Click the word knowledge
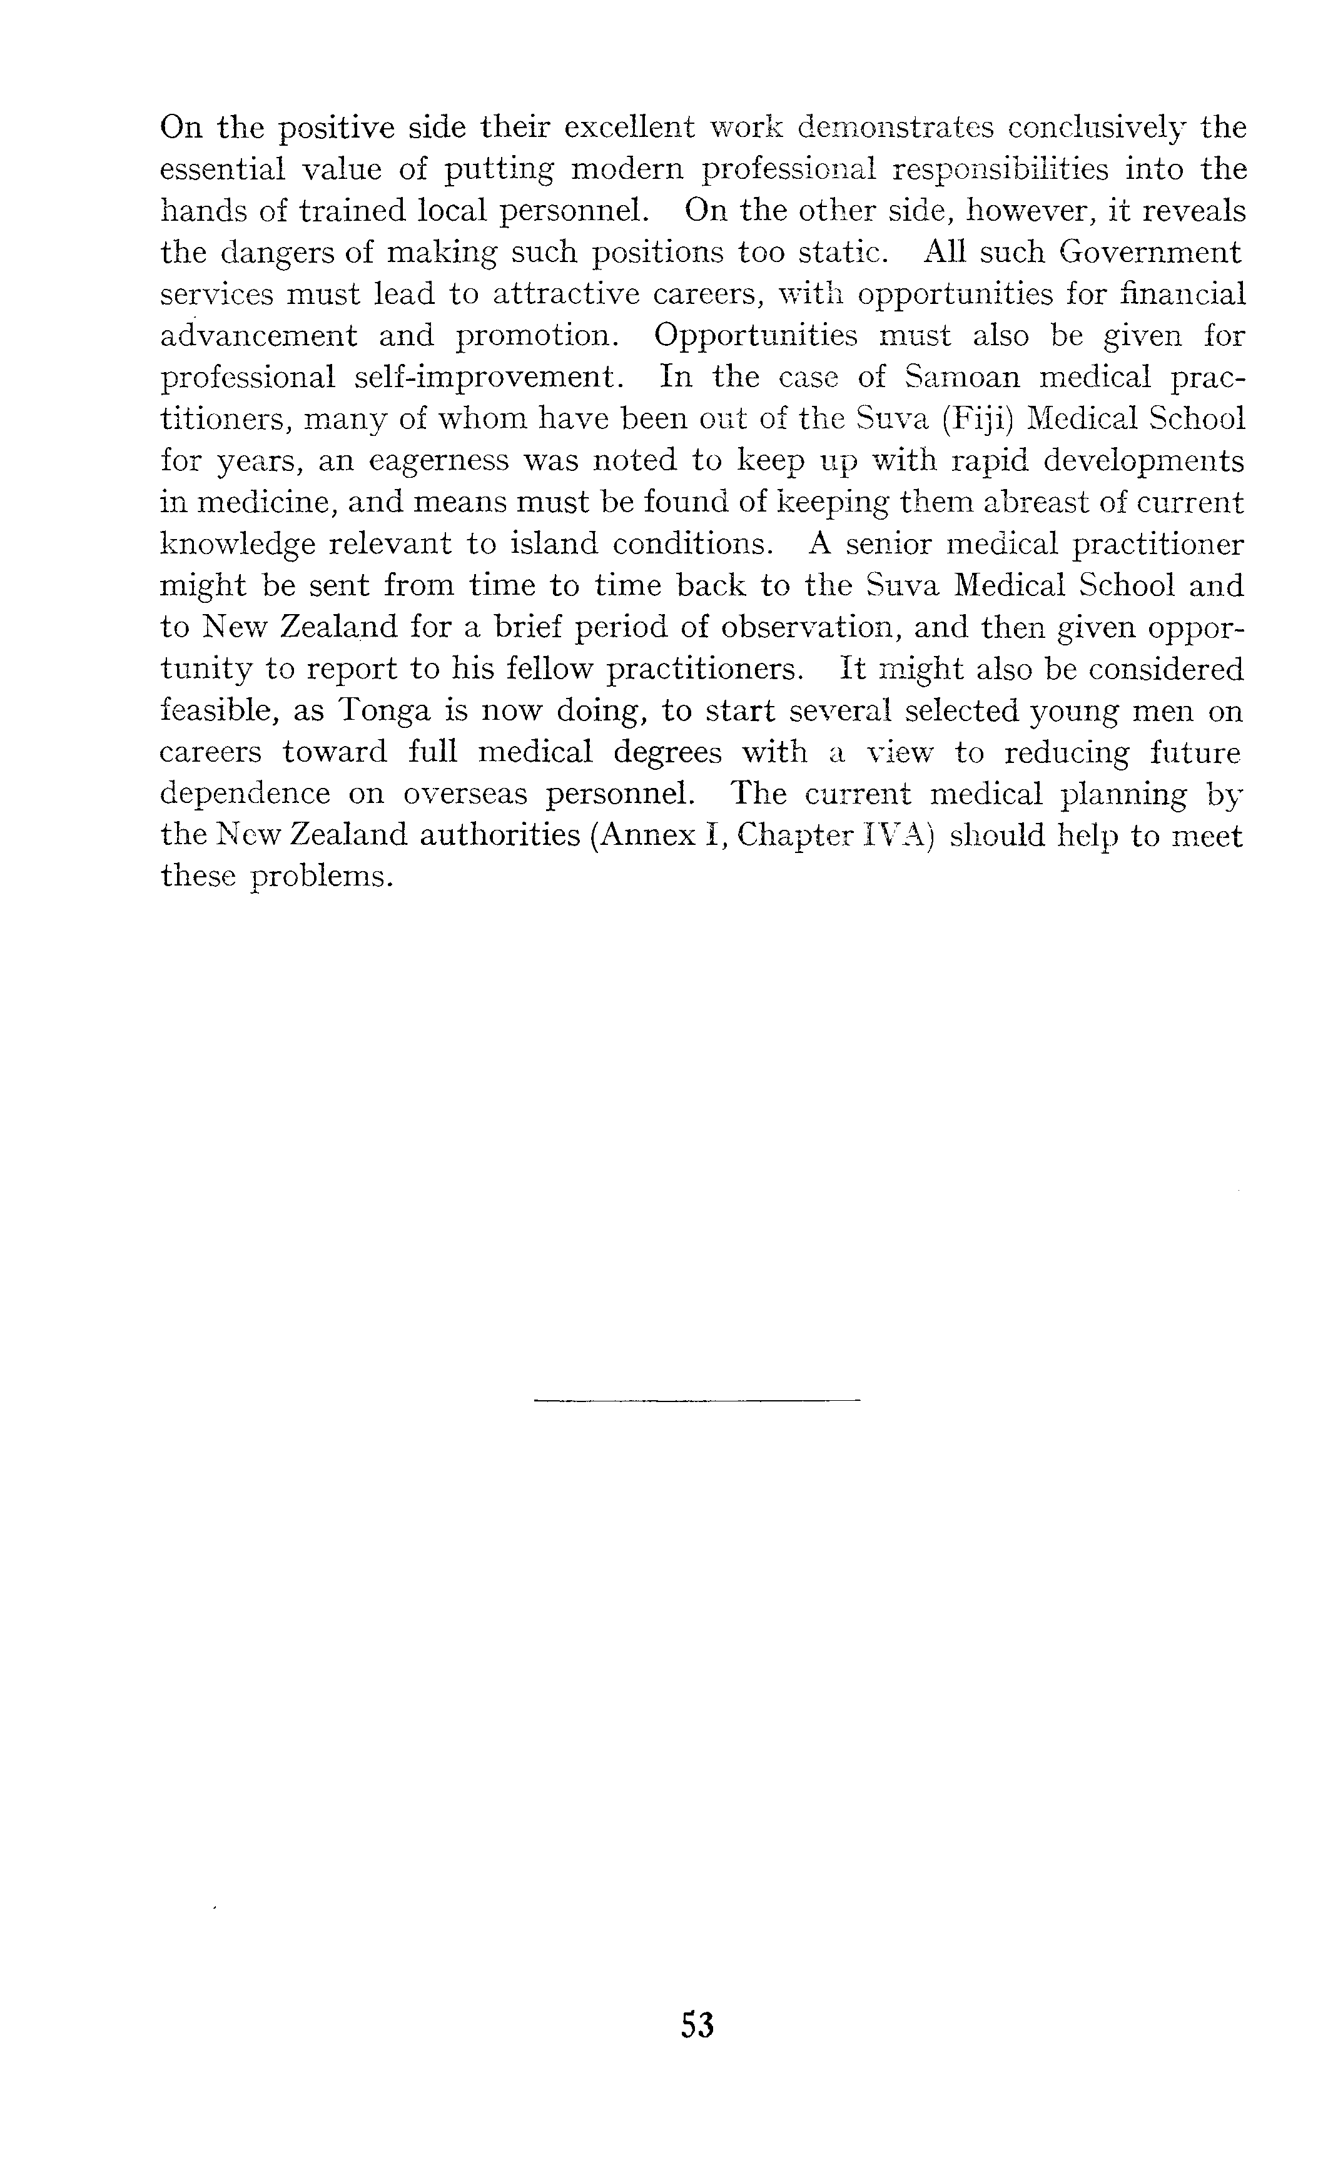(x=237, y=543)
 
